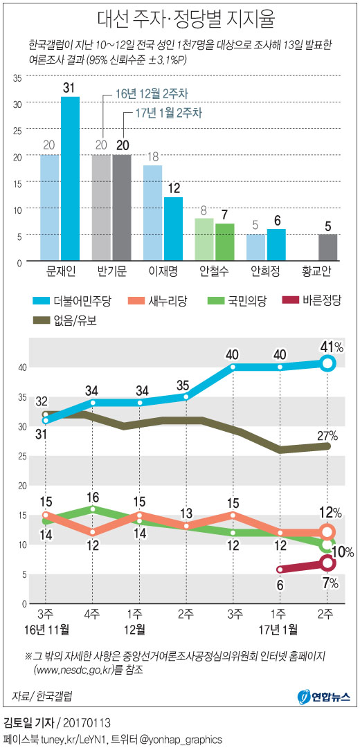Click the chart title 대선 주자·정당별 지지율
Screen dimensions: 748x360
179,17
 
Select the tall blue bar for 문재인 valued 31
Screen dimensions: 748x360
70,180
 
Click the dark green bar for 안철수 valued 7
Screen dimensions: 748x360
225,242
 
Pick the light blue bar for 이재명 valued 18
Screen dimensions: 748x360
153,213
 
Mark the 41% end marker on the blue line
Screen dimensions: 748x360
327,363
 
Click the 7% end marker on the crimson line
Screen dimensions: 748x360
327,563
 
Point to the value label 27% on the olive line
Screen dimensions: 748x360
327,436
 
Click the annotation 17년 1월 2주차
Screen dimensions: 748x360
160,113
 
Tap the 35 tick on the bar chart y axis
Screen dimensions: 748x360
17,77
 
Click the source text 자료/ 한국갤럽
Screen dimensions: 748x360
42,695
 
